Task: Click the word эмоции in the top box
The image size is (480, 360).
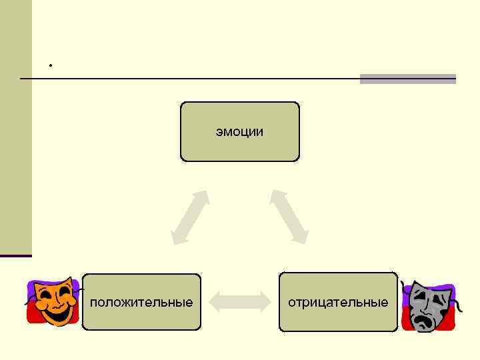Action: point(239,132)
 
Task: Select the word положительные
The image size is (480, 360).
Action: point(141,303)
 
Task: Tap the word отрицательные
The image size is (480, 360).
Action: point(337,303)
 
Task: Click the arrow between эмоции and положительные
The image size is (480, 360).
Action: point(190,217)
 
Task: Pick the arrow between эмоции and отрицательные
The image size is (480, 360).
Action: point(289,216)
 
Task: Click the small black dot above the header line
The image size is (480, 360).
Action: point(50,65)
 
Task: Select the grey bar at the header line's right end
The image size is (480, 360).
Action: point(407,79)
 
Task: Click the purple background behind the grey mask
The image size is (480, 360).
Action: point(445,293)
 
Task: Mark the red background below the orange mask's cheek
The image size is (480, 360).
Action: point(33,319)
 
